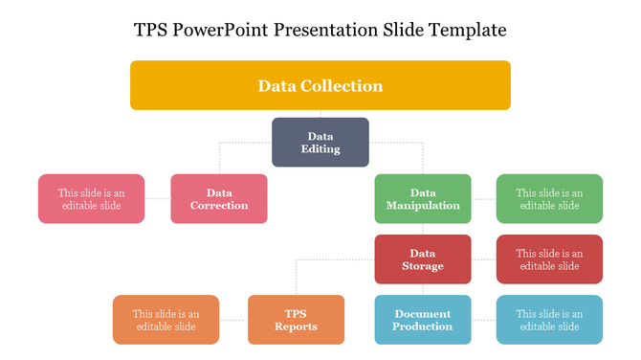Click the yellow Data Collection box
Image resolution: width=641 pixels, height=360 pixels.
(x=320, y=85)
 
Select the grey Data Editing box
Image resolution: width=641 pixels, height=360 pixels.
(x=320, y=142)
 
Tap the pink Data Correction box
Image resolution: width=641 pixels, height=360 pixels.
(x=218, y=199)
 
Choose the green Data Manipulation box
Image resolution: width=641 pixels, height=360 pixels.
(x=422, y=199)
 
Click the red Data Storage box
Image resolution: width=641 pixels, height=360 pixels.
(x=422, y=259)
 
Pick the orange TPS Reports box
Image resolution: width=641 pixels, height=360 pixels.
(x=296, y=320)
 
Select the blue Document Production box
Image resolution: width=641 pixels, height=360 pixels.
(x=422, y=320)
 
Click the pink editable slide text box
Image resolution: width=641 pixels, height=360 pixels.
(x=91, y=199)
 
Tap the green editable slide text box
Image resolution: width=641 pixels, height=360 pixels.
(x=549, y=199)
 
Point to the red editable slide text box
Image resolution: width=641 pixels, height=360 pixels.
(x=549, y=259)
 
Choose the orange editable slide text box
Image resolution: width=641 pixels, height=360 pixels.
(x=166, y=320)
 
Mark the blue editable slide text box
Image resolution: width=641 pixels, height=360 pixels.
(x=549, y=320)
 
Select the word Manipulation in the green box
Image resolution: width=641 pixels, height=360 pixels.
(x=422, y=206)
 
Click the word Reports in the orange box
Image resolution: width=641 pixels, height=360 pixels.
(x=296, y=327)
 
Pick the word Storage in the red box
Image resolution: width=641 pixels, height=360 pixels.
(x=422, y=266)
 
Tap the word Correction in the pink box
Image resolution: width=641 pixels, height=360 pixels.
(x=218, y=206)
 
